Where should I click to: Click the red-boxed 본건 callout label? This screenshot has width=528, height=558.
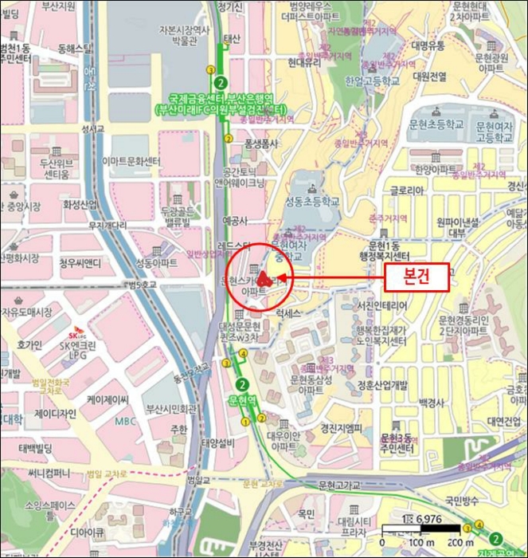point(417,277)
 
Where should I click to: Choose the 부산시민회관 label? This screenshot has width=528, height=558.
point(171,409)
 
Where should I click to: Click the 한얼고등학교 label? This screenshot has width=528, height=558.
point(372,81)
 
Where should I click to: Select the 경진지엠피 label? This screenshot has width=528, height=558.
point(340,427)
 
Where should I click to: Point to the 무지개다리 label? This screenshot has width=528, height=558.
point(108,226)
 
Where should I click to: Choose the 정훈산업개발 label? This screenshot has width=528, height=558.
point(383,384)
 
